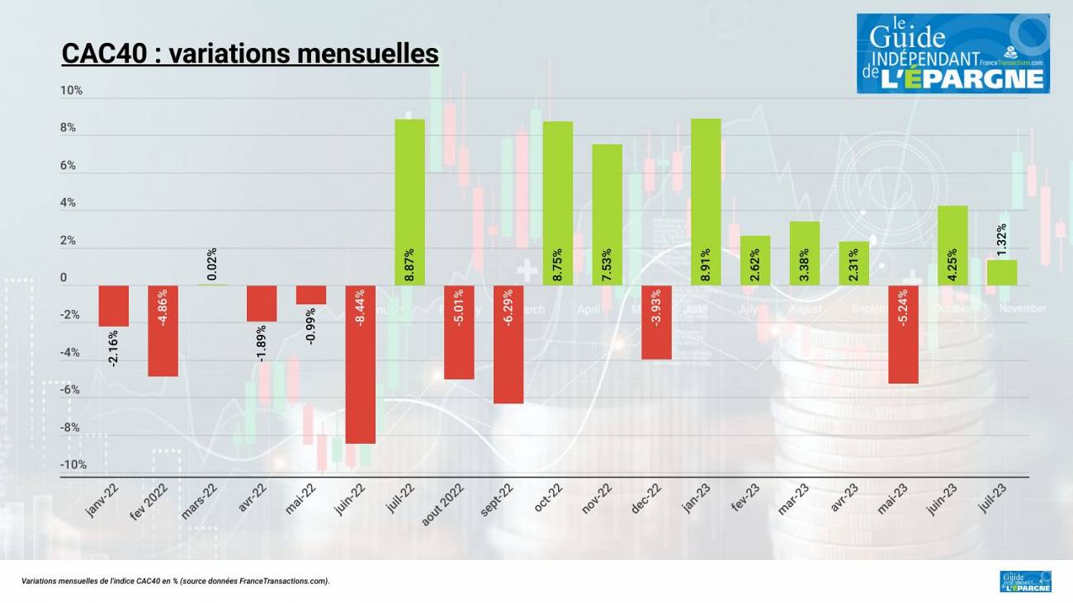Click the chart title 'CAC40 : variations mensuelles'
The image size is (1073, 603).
[x=250, y=54]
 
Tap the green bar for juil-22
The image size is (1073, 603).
[x=409, y=202]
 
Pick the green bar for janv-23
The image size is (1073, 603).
[x=706, y=202]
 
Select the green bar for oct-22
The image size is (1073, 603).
[x=557, y=203]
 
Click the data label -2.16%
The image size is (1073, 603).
[x=114, y=347]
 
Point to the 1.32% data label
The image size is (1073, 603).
[x=1002, y=241]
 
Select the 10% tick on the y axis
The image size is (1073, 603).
[x=72, y=91]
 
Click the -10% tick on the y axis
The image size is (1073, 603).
[x=73, y=465]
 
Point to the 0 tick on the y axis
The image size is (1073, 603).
[x=64, y=279]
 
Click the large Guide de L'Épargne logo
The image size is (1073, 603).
[x=952, y=53]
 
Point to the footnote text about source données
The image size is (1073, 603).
[x=176, y=582]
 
